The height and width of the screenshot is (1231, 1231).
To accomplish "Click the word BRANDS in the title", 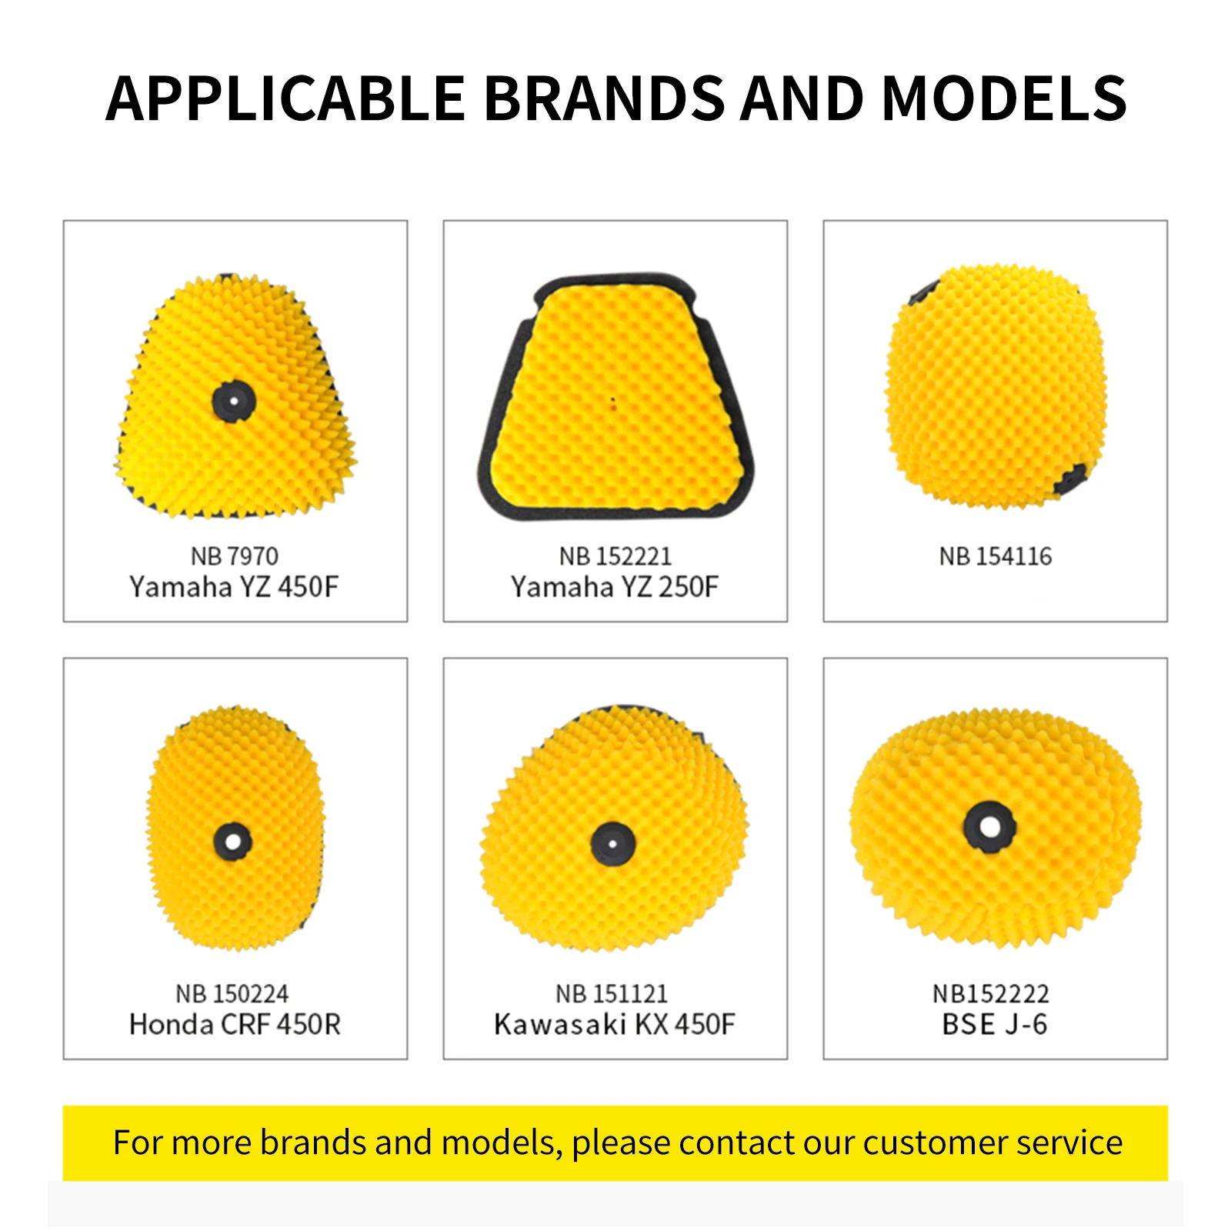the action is tap(604, 98).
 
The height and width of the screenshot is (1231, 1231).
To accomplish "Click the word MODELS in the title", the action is tap(1004, 98).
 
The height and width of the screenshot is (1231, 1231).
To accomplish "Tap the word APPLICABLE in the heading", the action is tap(285, 98).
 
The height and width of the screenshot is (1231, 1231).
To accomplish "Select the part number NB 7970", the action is tap(235, 555).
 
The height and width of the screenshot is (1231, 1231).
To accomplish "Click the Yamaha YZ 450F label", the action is tap(234, 587).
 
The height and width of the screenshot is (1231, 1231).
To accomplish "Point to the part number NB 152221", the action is tap(615, 555).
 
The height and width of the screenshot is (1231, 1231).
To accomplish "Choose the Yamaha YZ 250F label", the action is tap(615, 587).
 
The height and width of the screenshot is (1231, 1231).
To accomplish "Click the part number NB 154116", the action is tap(996, 555).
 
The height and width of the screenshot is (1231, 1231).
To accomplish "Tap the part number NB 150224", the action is tap(232, 993).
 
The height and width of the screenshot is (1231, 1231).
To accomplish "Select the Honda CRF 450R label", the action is tap(235, 1025).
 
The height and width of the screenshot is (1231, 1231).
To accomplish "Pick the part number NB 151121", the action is tap(612, 993).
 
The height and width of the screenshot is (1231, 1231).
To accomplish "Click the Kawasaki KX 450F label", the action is tap(615, 1025).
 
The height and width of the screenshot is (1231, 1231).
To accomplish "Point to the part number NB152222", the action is tap(991, 993).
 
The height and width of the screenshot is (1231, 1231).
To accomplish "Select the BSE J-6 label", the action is tap(995, 1025).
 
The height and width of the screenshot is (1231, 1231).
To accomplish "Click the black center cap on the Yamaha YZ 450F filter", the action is tap(234, 401).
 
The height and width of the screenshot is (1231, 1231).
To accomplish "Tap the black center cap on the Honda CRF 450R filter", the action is tap(233, 841).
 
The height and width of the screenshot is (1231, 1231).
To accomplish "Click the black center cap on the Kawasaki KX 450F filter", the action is tap(613, 844).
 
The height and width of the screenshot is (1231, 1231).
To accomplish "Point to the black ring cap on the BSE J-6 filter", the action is tap(990, 827).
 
